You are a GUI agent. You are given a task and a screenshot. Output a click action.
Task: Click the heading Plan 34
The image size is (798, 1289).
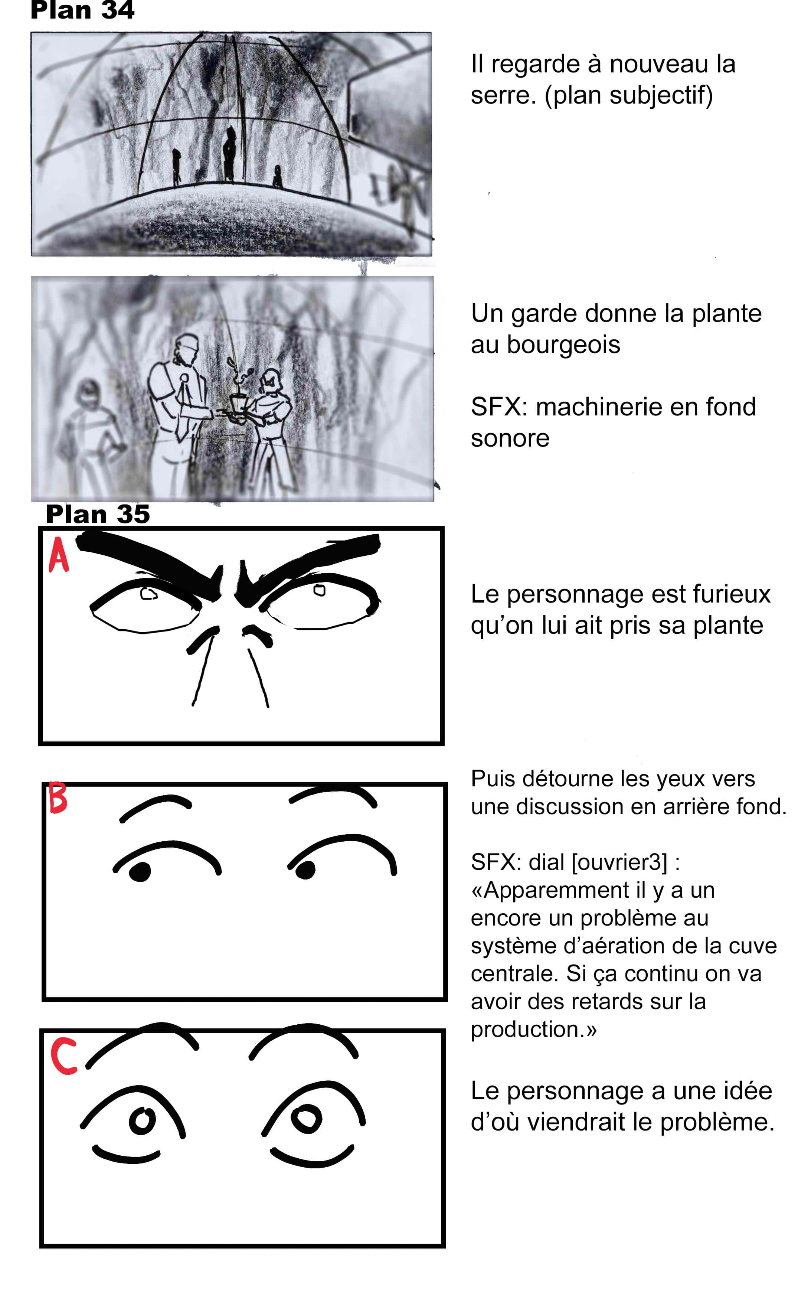(x=82, y=10)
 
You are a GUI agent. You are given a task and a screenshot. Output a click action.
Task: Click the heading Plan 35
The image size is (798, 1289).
(x=98, y=514)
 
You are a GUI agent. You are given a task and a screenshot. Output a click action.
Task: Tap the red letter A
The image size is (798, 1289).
(x=59, y=555)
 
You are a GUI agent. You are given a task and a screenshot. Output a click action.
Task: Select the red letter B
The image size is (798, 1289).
(x=58, y=798)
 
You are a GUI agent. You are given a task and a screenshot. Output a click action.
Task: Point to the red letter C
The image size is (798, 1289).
(x=64, y=1056)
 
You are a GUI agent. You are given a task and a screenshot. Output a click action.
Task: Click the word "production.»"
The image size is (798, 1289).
(x=534, y=1029)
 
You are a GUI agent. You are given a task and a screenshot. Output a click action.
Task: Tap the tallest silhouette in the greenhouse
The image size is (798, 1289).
(x=229, y=154)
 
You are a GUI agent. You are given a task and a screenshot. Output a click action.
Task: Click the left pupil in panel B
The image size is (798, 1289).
(x=139, y=871)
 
